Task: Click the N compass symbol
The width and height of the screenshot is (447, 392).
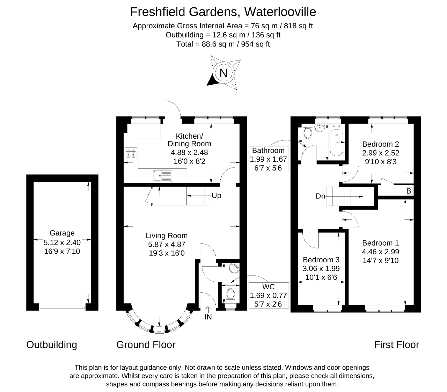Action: [223, 73]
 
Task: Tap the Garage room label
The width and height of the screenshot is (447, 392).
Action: [62, 233]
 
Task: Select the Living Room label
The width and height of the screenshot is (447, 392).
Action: [167, 236]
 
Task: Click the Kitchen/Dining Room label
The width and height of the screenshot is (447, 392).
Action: [189, 140]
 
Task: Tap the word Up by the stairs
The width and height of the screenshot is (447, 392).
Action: [217, 196]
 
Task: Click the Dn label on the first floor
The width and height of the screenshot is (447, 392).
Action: [321, 196]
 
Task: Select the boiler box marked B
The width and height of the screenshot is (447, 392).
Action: [409, 191]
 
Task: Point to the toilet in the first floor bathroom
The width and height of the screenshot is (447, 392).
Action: [307, 132]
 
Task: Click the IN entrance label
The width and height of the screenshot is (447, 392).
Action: [208, 317]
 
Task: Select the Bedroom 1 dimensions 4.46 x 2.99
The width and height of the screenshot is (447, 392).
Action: [381, 252]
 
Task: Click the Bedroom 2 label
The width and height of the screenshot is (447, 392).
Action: [381, 144]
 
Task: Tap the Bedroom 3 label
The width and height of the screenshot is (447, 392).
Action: [321, 260]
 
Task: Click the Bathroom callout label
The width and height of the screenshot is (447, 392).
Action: [268, 151]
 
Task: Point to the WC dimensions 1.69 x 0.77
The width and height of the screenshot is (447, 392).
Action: [268, 296]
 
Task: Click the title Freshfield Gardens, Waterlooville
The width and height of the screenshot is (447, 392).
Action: [223, 12]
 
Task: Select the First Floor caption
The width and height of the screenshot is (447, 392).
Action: [396, 345]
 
